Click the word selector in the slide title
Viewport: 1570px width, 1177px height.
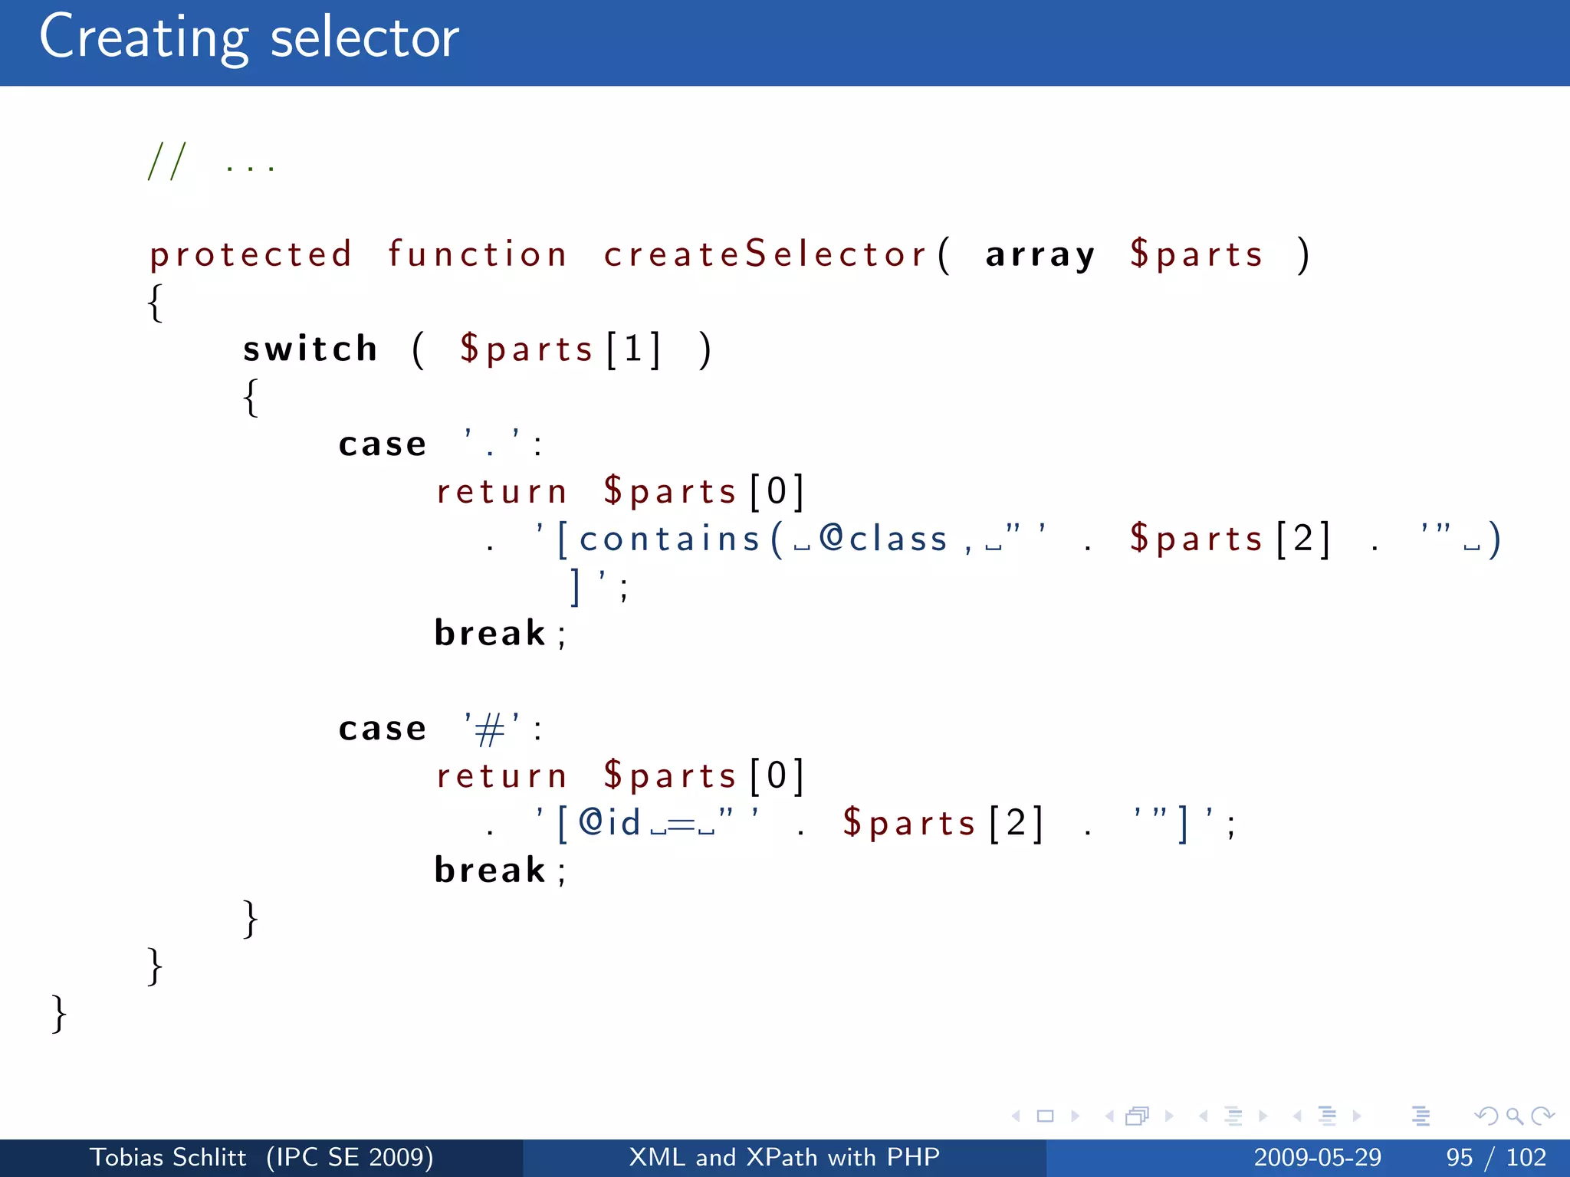pyautogui.click(x=365, y=38)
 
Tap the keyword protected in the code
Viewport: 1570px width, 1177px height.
pyautogui.click(x=251, y=255)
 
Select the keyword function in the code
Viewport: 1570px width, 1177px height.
pyautogui.click(x=477, y=254)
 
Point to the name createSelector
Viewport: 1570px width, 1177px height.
pyautogui.click(x=765, y=254)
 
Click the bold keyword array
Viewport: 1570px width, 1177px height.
pyautogui.click(x=1040, y=255)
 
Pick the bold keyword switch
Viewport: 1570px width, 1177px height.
pyautogui.click(x=310, y=349)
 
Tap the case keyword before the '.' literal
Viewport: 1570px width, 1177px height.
pyautogui.click(x=382, y=444)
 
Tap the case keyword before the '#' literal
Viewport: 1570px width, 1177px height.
pyautogui.click(x=382, y=729)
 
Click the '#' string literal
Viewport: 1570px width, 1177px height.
pyautogui.click(x=491, y=728)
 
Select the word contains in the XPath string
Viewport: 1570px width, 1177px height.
pyautogui.click(x=669, y=539)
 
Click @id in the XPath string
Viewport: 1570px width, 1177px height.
pyautogui.click(x=609, y=823)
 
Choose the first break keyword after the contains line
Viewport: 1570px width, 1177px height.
pyautogui.click(x=490, y=634)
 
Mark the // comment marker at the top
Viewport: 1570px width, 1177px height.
pyautogui.click(x=167, y=162)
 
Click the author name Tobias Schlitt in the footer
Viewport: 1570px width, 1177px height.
pyautogui.click(x=168, y=1157)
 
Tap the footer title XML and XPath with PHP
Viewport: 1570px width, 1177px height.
pyautogui.click(x=784, y=1157)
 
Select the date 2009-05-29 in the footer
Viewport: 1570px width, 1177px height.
pyautogui.click(x=1317, y=1157)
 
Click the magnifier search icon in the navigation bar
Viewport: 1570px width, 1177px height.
pyautogui.click(x=1514, y=1116)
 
